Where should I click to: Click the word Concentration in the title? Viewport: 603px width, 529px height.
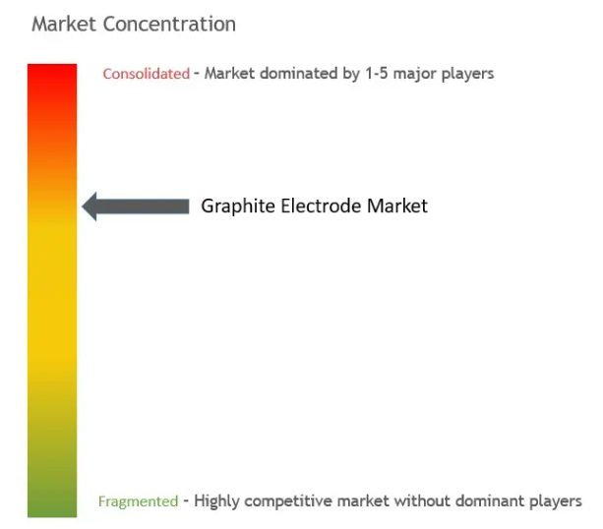coord(169,24)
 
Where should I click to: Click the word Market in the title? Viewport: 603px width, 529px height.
coord(64,24)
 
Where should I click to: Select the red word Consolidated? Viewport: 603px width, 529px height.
coord(147,74)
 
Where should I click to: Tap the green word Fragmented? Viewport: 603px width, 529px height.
coord(138,501)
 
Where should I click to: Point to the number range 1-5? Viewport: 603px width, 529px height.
coord(377,73)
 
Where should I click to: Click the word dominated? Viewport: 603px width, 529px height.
coord(298,73)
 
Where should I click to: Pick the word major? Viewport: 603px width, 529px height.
coord(414,74)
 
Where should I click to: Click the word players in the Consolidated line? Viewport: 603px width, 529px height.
coord(467,74)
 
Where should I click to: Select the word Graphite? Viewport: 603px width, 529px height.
coord(238,206)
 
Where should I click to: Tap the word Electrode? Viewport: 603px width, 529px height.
coord(321,206)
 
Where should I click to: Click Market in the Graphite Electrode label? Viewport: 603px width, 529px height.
coord(397,206)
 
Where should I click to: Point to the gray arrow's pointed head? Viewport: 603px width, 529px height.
coord(83,206)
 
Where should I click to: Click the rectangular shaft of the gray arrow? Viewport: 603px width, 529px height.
coord(143,206)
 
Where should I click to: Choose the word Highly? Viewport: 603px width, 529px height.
coord(216,501)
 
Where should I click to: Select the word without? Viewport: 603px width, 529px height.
coord(422,500)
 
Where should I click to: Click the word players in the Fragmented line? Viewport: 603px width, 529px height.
coord(556,501)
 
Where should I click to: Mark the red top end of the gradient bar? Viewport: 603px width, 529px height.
coord(52,65)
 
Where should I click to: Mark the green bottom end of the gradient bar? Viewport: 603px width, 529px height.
coord(52,516)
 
